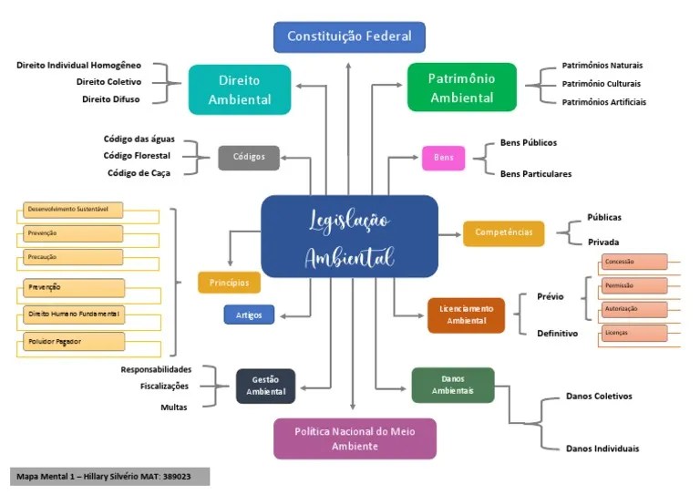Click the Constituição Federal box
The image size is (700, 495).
tap(349, 37)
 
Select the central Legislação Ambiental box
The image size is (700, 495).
tap(349, 235)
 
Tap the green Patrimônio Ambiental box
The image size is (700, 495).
tap(461, 88)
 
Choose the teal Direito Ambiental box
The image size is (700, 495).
tap(240, 89)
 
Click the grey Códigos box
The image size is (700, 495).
tap(249, 157)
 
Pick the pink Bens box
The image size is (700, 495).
tap(443, 158)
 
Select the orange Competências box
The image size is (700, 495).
tap(503, 232)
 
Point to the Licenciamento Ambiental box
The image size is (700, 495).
tap(466, 315)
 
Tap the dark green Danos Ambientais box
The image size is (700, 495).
tap(452, 385)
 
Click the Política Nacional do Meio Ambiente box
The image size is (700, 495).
tap(355, 438)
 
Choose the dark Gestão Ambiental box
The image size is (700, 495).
tap(266, 386)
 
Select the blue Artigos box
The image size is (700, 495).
tap(249, 315)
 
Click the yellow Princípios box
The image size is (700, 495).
tap(229, 283)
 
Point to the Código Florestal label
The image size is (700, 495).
tap(137, 156)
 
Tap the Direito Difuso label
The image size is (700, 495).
tap(111, 99)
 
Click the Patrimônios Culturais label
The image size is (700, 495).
tap(602, 84)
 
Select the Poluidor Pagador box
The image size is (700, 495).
tap(70, 342)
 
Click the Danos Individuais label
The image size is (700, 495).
tap(602, 449)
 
